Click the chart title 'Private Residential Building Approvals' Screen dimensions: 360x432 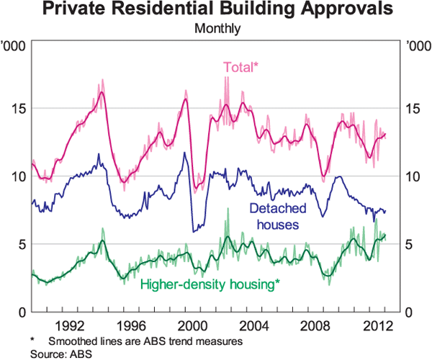pos(216,11)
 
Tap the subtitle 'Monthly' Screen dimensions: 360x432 pos(217,30)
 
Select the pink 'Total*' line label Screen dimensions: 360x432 pos(240,68)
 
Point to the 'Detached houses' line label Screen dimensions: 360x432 pos(274,216)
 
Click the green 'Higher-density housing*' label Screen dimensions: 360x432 pos(210,284)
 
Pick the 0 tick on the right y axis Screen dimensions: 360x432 pos(410,312)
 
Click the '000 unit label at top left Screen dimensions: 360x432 pos(15,47)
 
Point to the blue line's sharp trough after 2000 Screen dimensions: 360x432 pos(193,231)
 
